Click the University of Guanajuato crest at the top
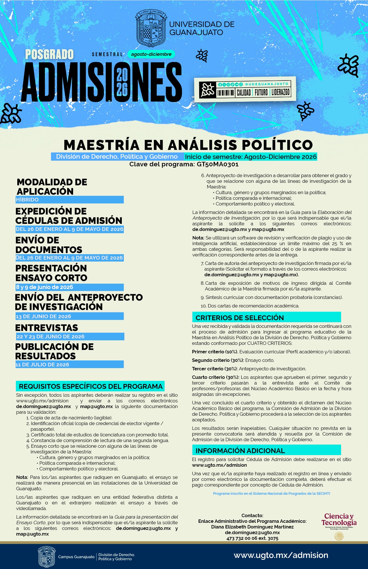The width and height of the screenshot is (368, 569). point(150,28)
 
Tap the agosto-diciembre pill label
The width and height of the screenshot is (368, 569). point(151,54)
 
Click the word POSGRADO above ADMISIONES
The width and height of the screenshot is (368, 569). point(50,54)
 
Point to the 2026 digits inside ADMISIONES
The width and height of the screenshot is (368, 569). point(122,82)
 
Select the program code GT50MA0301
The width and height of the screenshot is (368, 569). point(218,164)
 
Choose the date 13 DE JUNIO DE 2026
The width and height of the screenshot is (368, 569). point(43,316)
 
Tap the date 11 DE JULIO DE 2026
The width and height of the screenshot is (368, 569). point(42,365)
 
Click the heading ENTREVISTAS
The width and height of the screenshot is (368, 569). point(46,328)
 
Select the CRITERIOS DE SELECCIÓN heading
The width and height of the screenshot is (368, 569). point(240,318)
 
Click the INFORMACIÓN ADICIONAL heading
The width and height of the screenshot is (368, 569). point(240,451)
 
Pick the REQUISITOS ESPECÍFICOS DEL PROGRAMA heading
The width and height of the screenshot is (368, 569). point(91,386)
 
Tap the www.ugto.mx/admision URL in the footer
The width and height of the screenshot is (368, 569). point(281,555)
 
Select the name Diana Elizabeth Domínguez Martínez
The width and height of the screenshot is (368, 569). point(252,527)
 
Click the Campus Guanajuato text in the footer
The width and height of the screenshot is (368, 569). point(76,557)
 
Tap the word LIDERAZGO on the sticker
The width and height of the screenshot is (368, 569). point(280,92)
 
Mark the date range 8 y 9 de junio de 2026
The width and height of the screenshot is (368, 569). point(44,287)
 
